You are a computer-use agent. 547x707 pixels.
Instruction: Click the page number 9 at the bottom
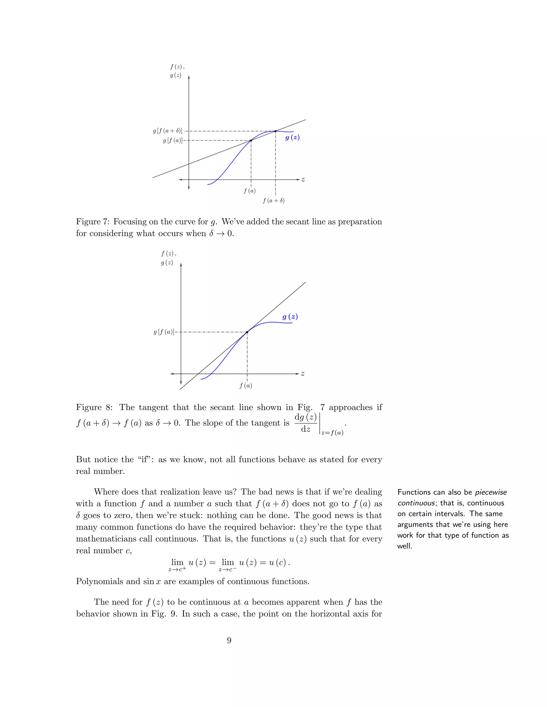[x=229, y=640]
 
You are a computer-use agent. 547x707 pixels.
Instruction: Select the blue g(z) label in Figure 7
[x=292, y=138]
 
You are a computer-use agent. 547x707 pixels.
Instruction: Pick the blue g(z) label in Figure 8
[x=290, y=317]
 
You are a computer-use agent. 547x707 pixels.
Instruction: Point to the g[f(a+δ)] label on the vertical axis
[x=167, y=131]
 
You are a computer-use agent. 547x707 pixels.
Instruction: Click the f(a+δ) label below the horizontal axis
[x=273, y=201]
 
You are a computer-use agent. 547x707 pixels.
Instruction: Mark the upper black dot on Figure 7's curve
[x=275, y=131]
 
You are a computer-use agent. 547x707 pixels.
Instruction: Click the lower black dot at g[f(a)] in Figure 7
[x=251, y=141]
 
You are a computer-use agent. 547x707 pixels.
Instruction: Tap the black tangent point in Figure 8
[x=247, y=332]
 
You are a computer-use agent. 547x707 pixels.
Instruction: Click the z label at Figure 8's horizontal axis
[x=303, y=374]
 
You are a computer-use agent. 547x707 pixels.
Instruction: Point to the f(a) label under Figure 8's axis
[x=246, y=386]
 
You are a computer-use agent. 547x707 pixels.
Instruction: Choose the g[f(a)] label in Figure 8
[x=164, y=332]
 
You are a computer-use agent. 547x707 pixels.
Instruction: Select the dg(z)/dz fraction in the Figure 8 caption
[x=306, y=423]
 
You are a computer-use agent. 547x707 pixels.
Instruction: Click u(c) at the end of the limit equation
[x=278, y=563]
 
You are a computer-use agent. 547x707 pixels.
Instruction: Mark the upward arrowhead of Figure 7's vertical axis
[x=189, y=77]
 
